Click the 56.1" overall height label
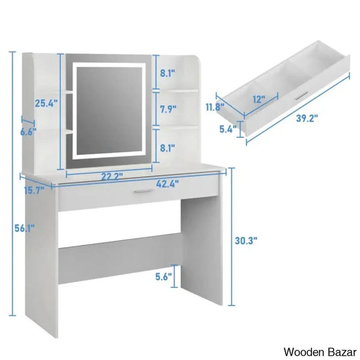25,229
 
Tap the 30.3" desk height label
246,241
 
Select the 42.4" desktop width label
167,184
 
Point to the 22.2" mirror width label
112,176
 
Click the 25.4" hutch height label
46,103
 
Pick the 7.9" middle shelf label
168,109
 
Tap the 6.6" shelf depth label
28,132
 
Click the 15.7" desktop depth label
34,190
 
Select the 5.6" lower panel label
164,277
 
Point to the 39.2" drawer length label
307,118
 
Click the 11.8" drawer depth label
215,107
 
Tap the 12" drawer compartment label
259,99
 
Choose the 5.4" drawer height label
228,129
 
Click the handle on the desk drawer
144,191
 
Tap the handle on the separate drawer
302,95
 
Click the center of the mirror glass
109,110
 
